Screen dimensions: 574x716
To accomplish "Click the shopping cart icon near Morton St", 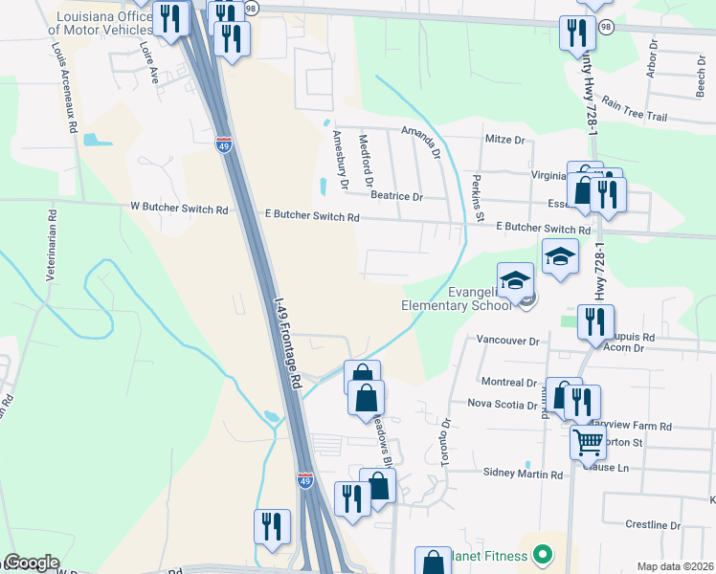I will coord(588,443).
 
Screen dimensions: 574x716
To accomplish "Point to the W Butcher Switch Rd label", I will coord(180,209).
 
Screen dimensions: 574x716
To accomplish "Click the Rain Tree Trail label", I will coord(634,115).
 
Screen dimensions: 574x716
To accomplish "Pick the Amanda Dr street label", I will coord(420,141).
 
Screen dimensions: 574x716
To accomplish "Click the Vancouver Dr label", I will coord(508,341).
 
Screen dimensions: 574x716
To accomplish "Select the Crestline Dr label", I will coord(652,525).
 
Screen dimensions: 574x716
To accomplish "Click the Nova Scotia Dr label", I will coord(502,405).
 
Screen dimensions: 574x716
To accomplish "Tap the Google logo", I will coord(32,563).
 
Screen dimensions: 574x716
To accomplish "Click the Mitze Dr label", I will coord(506,140).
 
